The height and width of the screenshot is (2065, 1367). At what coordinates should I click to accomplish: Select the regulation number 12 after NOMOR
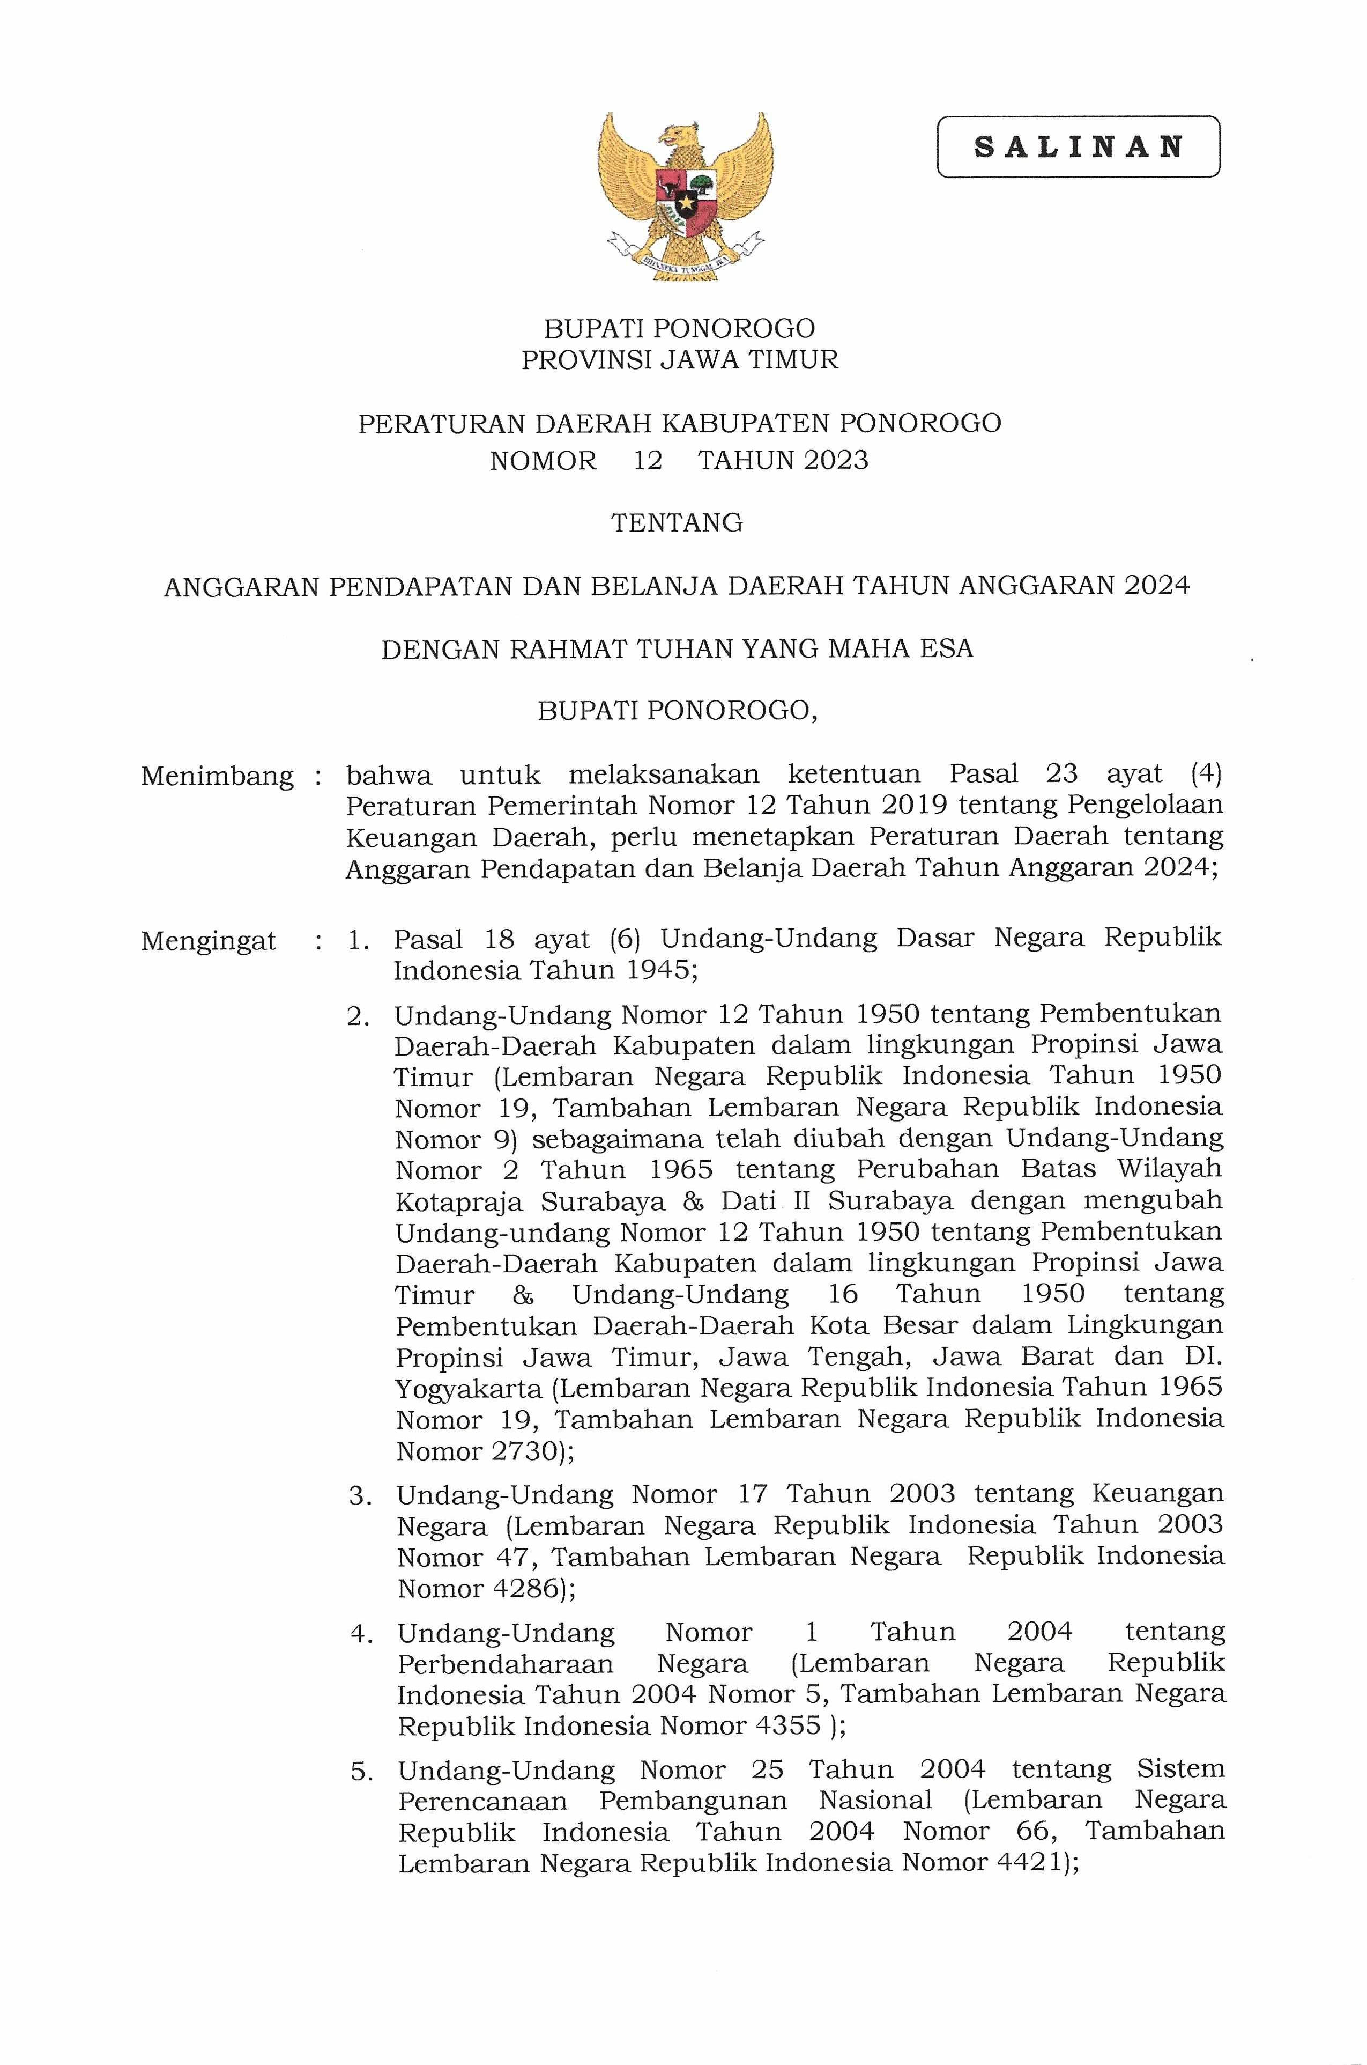[x=648, y=460]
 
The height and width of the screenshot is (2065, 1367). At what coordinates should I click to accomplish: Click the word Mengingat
[x=209, y=942]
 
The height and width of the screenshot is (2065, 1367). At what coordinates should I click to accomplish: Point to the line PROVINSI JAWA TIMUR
[x=679, y=359]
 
